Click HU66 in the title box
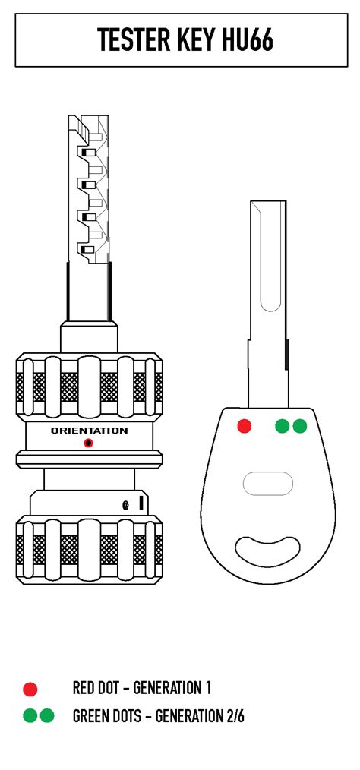[247, 39]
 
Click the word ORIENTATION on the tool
[89, 431]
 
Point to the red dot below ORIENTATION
[88, 443]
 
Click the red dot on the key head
[244, 426]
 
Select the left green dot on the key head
[283, 426]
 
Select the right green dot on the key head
[299, 426]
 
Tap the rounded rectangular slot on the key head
[268, 484]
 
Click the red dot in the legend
[30, 690]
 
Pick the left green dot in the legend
[30, 716]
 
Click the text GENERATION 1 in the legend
[172, 688]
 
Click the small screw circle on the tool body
[126, 505]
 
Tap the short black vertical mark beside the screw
[141, 503]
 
